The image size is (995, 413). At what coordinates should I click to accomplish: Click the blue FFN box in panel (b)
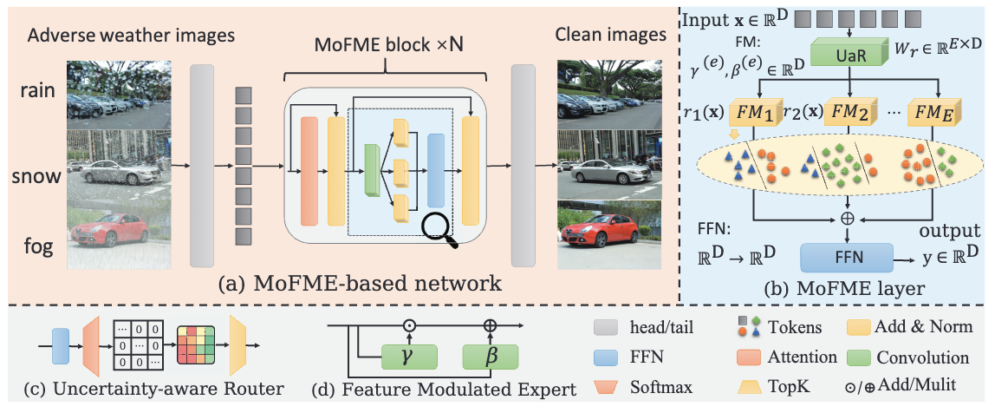point(845,257)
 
